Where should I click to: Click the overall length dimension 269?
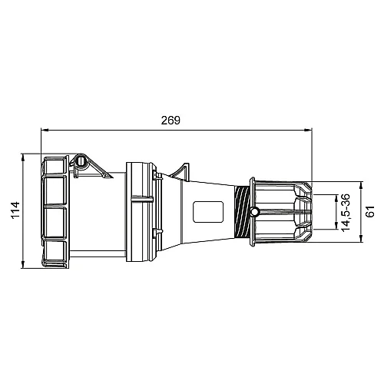[170, 120]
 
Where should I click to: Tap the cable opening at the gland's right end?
[310, 212]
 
